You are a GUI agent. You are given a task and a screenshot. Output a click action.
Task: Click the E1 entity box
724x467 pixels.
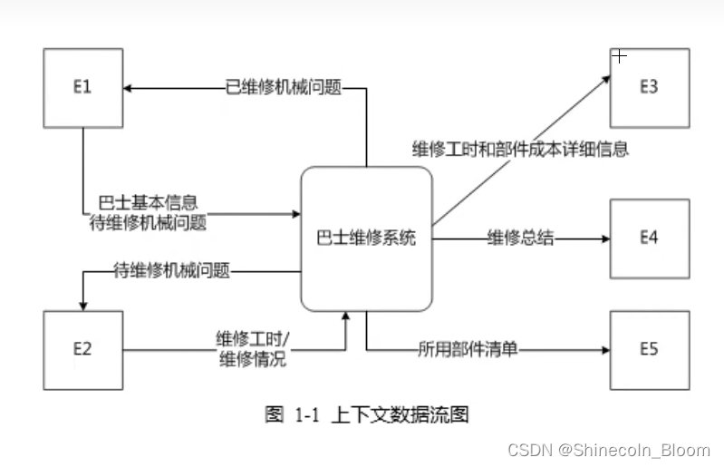point(82,88)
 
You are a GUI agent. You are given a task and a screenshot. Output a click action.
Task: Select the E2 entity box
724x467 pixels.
point(82,349)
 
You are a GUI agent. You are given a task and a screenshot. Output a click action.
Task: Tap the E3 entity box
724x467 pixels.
point(649,88)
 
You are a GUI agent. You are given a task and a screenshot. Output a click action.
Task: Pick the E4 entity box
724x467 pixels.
point(649,238)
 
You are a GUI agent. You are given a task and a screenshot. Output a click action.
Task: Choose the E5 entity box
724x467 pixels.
point(649,349)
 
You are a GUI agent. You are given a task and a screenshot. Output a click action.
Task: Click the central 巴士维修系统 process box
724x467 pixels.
point(366,239)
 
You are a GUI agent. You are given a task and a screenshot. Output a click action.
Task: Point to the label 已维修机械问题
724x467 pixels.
point(283,88)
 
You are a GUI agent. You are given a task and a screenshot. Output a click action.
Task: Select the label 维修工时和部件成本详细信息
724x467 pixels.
point(520,149)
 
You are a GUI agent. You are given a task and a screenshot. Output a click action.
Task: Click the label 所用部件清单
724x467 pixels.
point(468,348)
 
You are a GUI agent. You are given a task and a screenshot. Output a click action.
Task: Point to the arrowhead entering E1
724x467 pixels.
point(129,88)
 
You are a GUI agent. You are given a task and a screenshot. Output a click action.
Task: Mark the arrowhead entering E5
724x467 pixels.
point(604,349)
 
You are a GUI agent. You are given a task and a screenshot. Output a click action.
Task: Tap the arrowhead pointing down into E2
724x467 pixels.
point(82,305)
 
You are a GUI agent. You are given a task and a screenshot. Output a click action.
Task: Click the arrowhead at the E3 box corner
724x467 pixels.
point(609,78)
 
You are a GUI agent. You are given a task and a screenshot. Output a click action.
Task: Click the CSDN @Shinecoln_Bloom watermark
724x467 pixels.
point(609,450)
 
